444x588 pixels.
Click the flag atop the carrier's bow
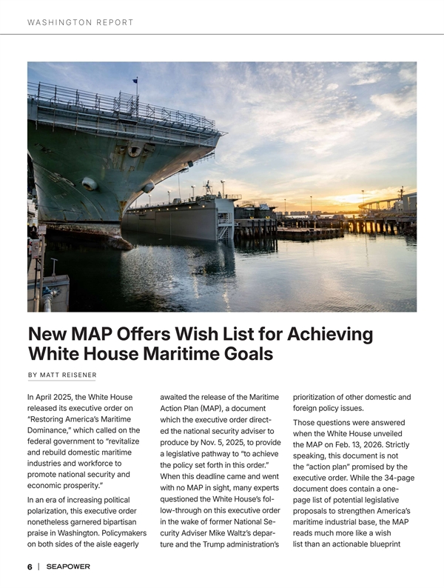click(x=135, y=81)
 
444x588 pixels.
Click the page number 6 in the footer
click(x=30, y=567)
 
